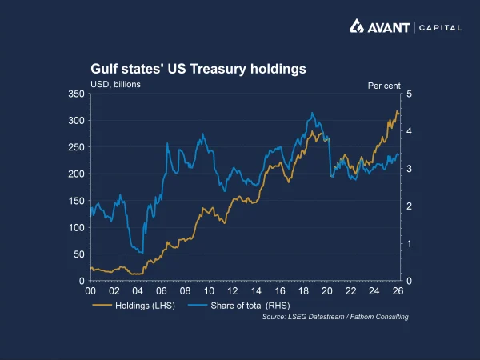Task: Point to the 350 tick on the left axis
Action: coord(77,94)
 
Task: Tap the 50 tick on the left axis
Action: coord(79,254)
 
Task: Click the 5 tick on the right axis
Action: coord(409,94)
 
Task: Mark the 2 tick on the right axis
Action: coord(409,206)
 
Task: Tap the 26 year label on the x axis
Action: coord(398,292)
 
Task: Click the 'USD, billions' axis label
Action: coord(115,84)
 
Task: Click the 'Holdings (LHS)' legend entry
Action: coord(132,305)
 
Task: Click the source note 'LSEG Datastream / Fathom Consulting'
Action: coord(335,318)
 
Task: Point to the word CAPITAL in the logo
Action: coord(438,27)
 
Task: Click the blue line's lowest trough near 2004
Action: coord(142,253)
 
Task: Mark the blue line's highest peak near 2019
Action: coord(311,113)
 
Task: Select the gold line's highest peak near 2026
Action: coord(397,111)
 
